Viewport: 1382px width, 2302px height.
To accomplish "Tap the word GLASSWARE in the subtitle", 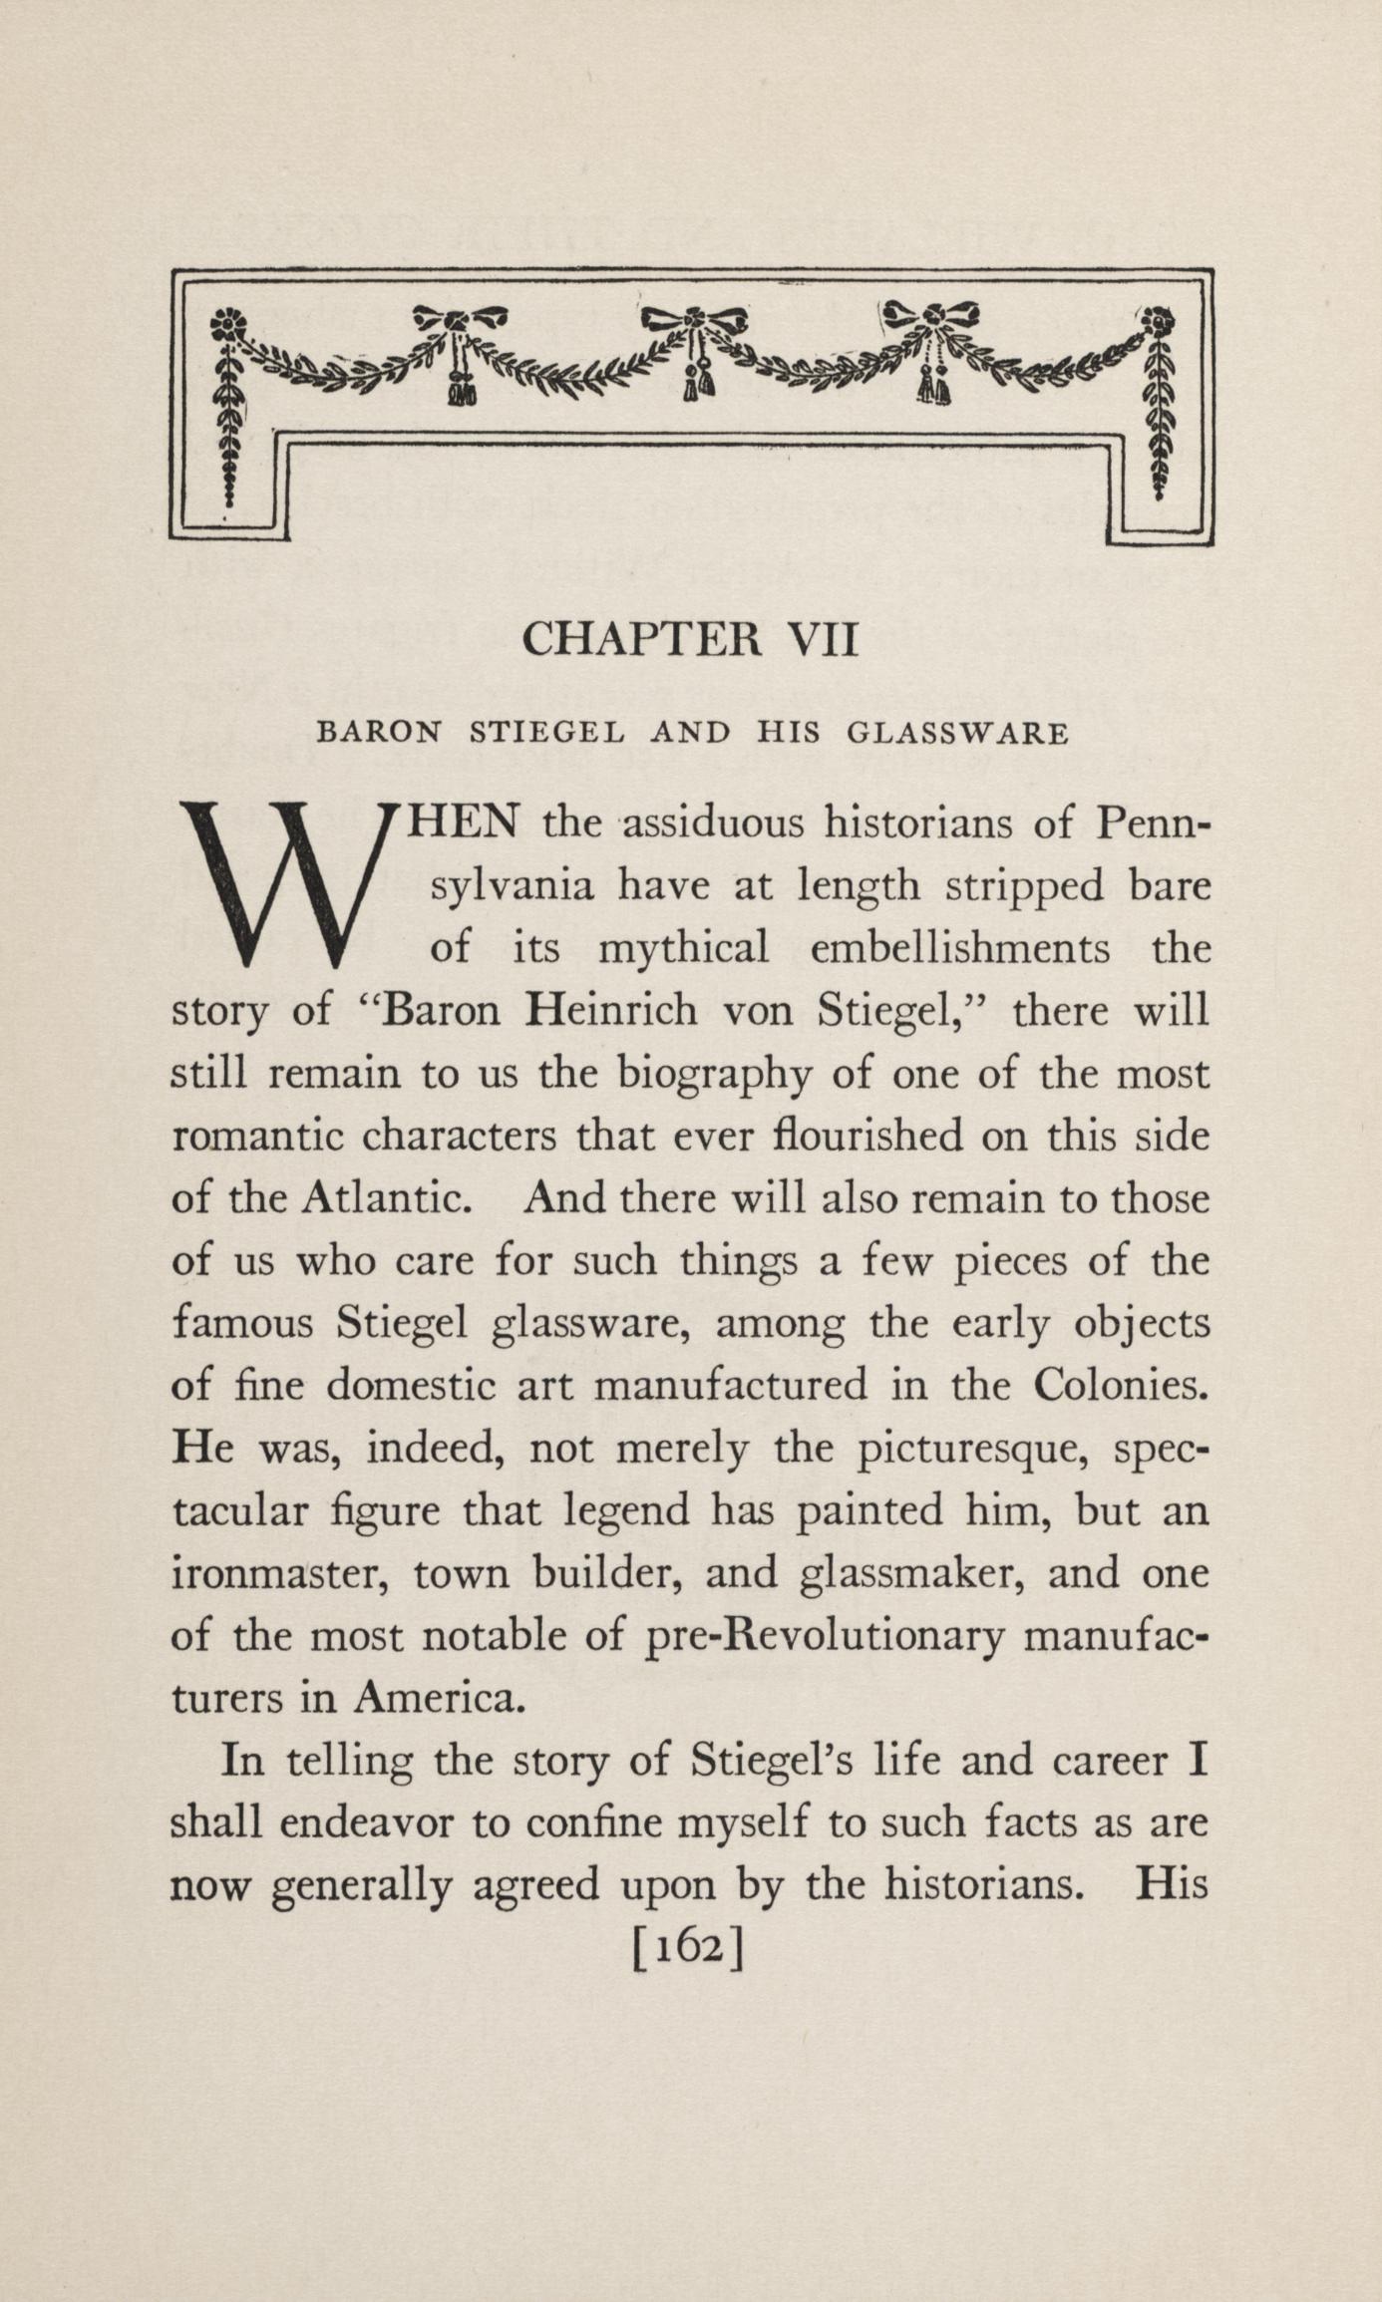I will click(957, 734).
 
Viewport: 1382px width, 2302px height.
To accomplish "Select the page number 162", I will click(689, 1947).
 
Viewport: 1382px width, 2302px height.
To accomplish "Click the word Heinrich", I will click(612, 1011).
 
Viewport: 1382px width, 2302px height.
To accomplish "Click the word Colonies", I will click(1121, 1386).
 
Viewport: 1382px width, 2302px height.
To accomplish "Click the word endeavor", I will click(366, 1822).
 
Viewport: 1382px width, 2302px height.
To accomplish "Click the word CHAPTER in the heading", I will click(641, 639).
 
